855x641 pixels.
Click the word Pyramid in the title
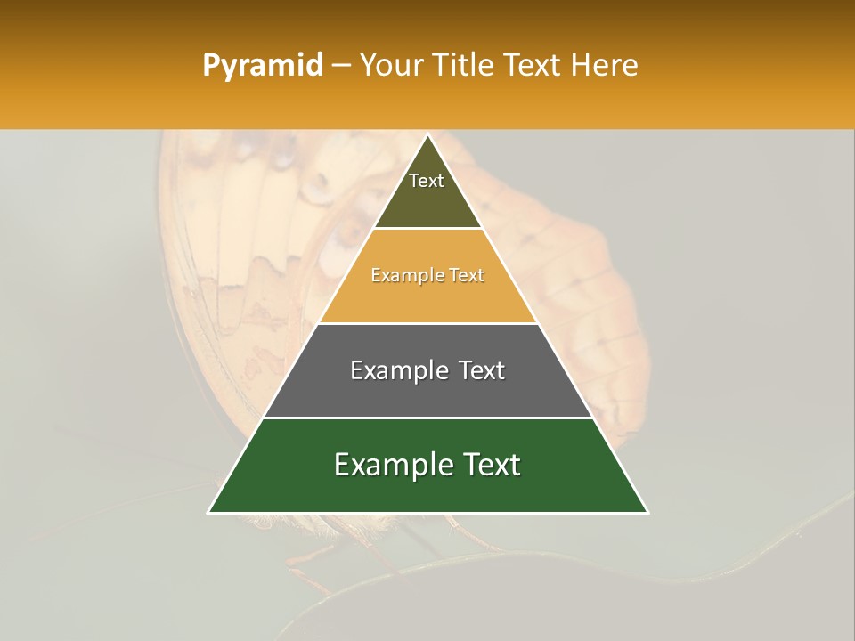coord(262,66)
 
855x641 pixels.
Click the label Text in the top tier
coord(427,181)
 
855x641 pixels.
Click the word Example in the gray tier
coord(397,370)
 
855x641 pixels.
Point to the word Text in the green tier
coord(486,465)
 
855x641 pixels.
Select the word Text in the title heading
coord(535,66)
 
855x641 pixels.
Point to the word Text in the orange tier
coord(467,276)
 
